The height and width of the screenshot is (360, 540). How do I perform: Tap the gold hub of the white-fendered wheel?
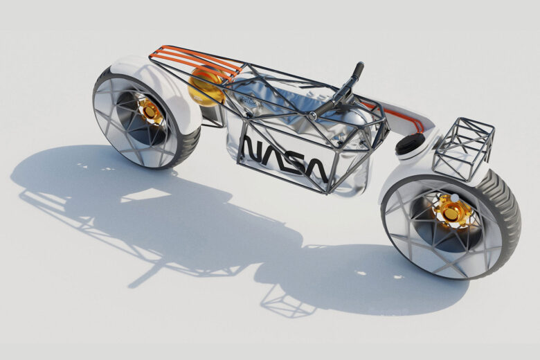[149, 111]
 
